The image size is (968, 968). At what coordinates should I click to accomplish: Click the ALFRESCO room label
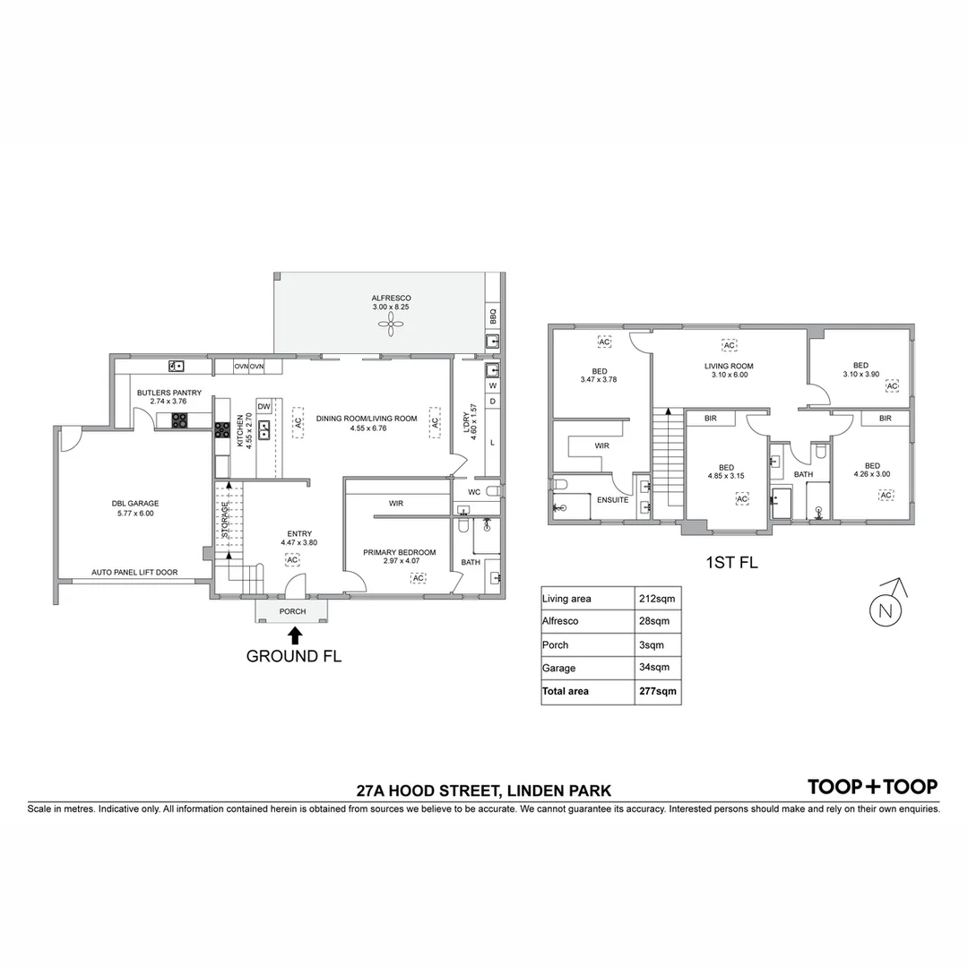coord(391,298)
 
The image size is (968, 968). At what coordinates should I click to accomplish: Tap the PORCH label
coord(292,612)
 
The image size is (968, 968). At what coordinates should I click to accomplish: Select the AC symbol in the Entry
coord(292,559)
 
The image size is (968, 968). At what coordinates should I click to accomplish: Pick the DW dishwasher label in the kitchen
coord(264,407)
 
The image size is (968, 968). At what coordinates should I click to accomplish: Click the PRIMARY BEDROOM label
coord(399,552)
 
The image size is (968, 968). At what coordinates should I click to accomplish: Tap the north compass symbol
coord(885,609)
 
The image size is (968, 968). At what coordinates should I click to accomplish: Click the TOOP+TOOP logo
coord(872,787)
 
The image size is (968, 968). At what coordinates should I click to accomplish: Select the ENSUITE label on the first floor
coord(612,500)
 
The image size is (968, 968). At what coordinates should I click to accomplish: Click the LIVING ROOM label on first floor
coord(728,366)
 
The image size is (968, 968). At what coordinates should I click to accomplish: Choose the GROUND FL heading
coord(293,656)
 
